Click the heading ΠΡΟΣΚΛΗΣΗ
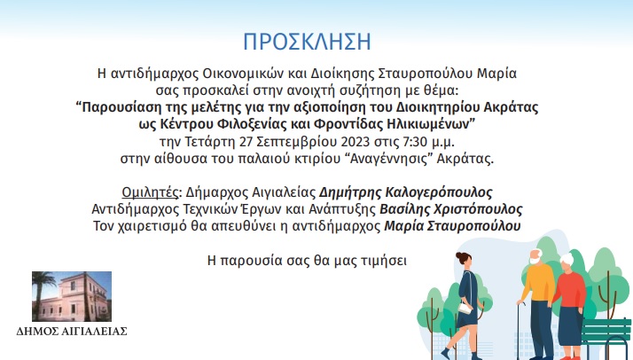click(307, 42)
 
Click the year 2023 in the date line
click(356, 142)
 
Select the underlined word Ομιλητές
click(150, 192)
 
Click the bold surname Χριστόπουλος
click(479, 209)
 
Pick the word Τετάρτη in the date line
click(210, 142)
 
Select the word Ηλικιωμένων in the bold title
click(431, 124)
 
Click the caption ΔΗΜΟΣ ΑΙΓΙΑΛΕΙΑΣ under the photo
click(72, 332)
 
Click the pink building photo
click(72, 297)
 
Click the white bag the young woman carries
click(465, 309)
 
